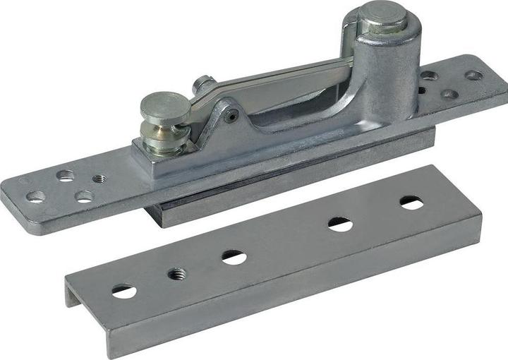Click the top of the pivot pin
tap(384, 16)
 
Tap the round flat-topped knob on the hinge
tap(164, 107)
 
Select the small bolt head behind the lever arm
tap(204, 84)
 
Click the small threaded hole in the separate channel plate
tap(177, 272)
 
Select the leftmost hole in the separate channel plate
tap(124, 290)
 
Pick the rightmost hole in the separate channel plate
tap(412, 203)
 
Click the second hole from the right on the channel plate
tap(340, 224)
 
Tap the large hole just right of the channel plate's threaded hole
tap(234, 257)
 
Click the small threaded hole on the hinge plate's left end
tap(99, 179)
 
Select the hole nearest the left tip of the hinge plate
tap(36, 196)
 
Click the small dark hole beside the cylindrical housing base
tap(421, 90)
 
